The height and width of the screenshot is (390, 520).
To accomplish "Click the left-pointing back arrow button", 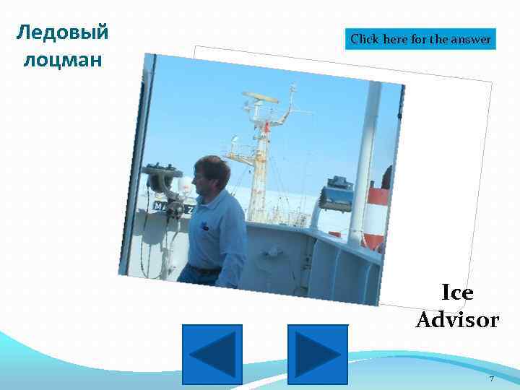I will pyautogui.click(x=212, y=354).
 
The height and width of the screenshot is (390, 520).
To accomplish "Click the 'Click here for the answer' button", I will pyautogui.click(x=421, y=39).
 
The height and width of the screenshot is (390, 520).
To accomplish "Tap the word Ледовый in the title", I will pyautogui.click(x=62, y=32).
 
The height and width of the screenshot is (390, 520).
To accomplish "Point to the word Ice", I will pyautogui.click(x=457, y=292).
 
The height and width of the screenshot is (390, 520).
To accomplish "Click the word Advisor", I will pyautogui.click(x=457, y=319).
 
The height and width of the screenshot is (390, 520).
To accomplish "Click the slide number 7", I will pyautogui.click(x=491, y=378).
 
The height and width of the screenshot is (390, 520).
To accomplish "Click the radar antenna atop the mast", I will pyautogui.click(x=260, y=97).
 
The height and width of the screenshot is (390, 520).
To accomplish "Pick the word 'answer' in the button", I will pyautogui.click(x=472, y=39).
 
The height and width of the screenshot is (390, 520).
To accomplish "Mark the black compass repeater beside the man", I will pyautogui.click(x=165, y=181).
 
